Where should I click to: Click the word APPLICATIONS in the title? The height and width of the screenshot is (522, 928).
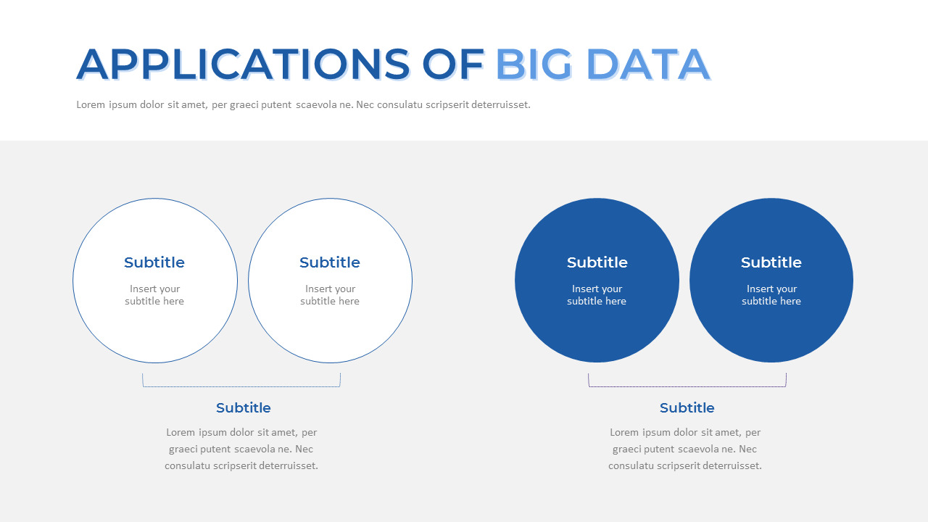243,65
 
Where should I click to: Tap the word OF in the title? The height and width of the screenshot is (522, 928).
454,65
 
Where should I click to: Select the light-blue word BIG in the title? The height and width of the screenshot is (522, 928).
534,65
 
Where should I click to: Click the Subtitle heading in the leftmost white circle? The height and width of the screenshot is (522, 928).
154,262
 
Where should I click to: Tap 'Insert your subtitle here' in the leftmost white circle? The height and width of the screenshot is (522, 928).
154,295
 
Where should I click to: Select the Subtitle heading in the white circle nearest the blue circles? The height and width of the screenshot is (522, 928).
330,262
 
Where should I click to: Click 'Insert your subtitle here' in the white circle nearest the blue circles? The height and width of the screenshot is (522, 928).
330,295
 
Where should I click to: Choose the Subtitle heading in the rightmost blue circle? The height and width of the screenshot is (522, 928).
771,262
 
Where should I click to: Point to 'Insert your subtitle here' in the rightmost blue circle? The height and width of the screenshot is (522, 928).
771,295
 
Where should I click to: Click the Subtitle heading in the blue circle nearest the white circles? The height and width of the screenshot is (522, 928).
597,262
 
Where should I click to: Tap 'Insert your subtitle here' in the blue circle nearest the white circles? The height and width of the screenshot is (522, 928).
597,295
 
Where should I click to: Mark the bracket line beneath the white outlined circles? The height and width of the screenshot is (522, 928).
241,386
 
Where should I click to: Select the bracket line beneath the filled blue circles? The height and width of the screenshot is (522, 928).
687,386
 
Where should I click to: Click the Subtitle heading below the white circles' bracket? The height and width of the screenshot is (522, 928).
244,408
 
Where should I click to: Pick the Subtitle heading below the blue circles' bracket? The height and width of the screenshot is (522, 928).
687,408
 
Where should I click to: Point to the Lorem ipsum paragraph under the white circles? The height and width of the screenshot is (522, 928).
241,449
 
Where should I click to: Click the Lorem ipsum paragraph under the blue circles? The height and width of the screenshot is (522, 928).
685,449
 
